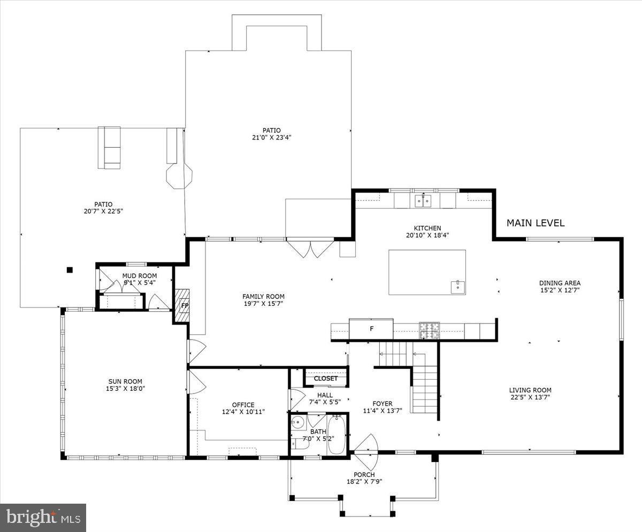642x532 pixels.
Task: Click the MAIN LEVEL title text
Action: pos(535,223)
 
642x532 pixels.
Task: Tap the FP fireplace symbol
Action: pos(185,306)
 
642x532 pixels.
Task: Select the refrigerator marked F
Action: pos(371,328)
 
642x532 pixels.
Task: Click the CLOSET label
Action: pos(326,378)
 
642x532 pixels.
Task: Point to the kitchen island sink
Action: pos(458,286)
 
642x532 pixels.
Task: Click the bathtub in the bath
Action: pos(337,435)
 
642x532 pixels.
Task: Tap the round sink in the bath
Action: pos(297,423)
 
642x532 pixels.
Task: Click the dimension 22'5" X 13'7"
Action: pos(530,397)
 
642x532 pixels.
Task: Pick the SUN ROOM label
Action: pos(124,382)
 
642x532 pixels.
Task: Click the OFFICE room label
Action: pos(243,405)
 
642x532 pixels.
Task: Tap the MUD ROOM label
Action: pos(139,276)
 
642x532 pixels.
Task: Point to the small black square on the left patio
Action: pos(69,270)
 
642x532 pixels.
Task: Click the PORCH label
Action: pos(364,475)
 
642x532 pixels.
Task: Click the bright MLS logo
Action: pos(43,517)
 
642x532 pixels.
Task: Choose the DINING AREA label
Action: pos(559,283)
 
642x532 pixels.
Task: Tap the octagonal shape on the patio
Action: pos(179,175)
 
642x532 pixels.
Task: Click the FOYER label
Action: pos(382,404)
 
